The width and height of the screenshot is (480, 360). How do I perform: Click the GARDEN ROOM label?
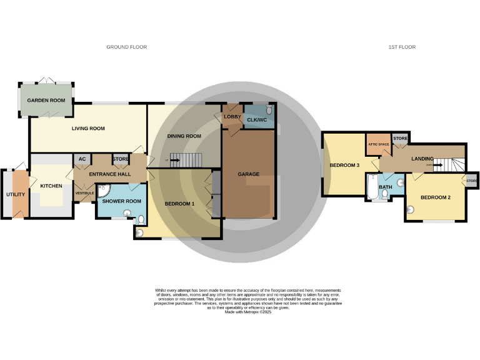(46, 100)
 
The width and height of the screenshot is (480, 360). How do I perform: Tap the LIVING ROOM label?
(87, 128)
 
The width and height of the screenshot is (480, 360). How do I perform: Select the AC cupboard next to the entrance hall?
(82, 159)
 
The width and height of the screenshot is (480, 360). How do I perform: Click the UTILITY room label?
(16, 194)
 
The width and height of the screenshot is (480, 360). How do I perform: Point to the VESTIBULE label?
(84, 193)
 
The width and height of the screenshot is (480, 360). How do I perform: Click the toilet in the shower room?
(141, 219)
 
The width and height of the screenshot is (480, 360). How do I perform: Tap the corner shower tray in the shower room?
(104, 189)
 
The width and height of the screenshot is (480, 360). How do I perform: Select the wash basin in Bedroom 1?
(139, 233)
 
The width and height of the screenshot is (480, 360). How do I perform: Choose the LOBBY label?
(232, 116)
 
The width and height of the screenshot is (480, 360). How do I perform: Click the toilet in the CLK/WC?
(269, 111)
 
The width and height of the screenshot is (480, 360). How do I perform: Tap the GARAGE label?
(248, 174)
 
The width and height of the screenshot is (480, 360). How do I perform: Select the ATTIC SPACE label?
(378, 144)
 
